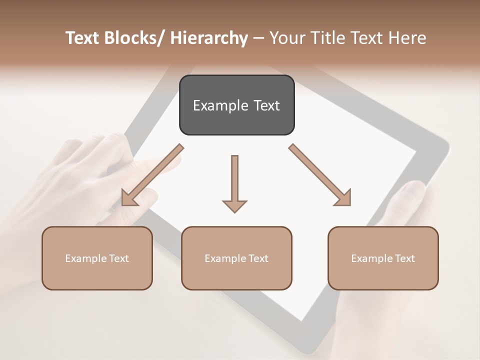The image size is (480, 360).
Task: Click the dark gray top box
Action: coord(236,105)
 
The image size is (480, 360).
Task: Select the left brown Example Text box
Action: coord(97,258)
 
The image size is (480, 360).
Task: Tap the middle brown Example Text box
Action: coord(236,258)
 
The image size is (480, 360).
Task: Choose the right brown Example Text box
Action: coord(383,258)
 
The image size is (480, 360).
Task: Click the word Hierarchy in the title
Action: coord(209,38)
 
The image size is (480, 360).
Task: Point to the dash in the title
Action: coord(258,38)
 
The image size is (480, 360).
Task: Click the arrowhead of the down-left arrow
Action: coord(130,198)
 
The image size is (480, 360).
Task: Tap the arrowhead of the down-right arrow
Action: coord(343,197)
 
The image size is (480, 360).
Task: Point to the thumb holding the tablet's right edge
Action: coord(410,200)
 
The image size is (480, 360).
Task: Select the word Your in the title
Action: coord(286,38)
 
